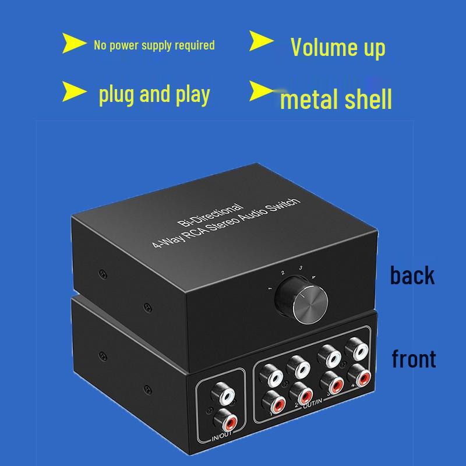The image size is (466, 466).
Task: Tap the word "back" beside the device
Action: pos(412,275)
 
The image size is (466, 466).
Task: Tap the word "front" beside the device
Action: pos(414,359)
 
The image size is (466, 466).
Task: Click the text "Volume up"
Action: pos(338,47)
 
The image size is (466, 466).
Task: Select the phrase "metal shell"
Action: pos(336,98)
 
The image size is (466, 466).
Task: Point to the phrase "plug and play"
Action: pos(154,94)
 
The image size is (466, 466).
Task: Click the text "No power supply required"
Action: pos(154,45)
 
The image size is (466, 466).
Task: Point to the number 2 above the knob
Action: pos(282,272)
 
